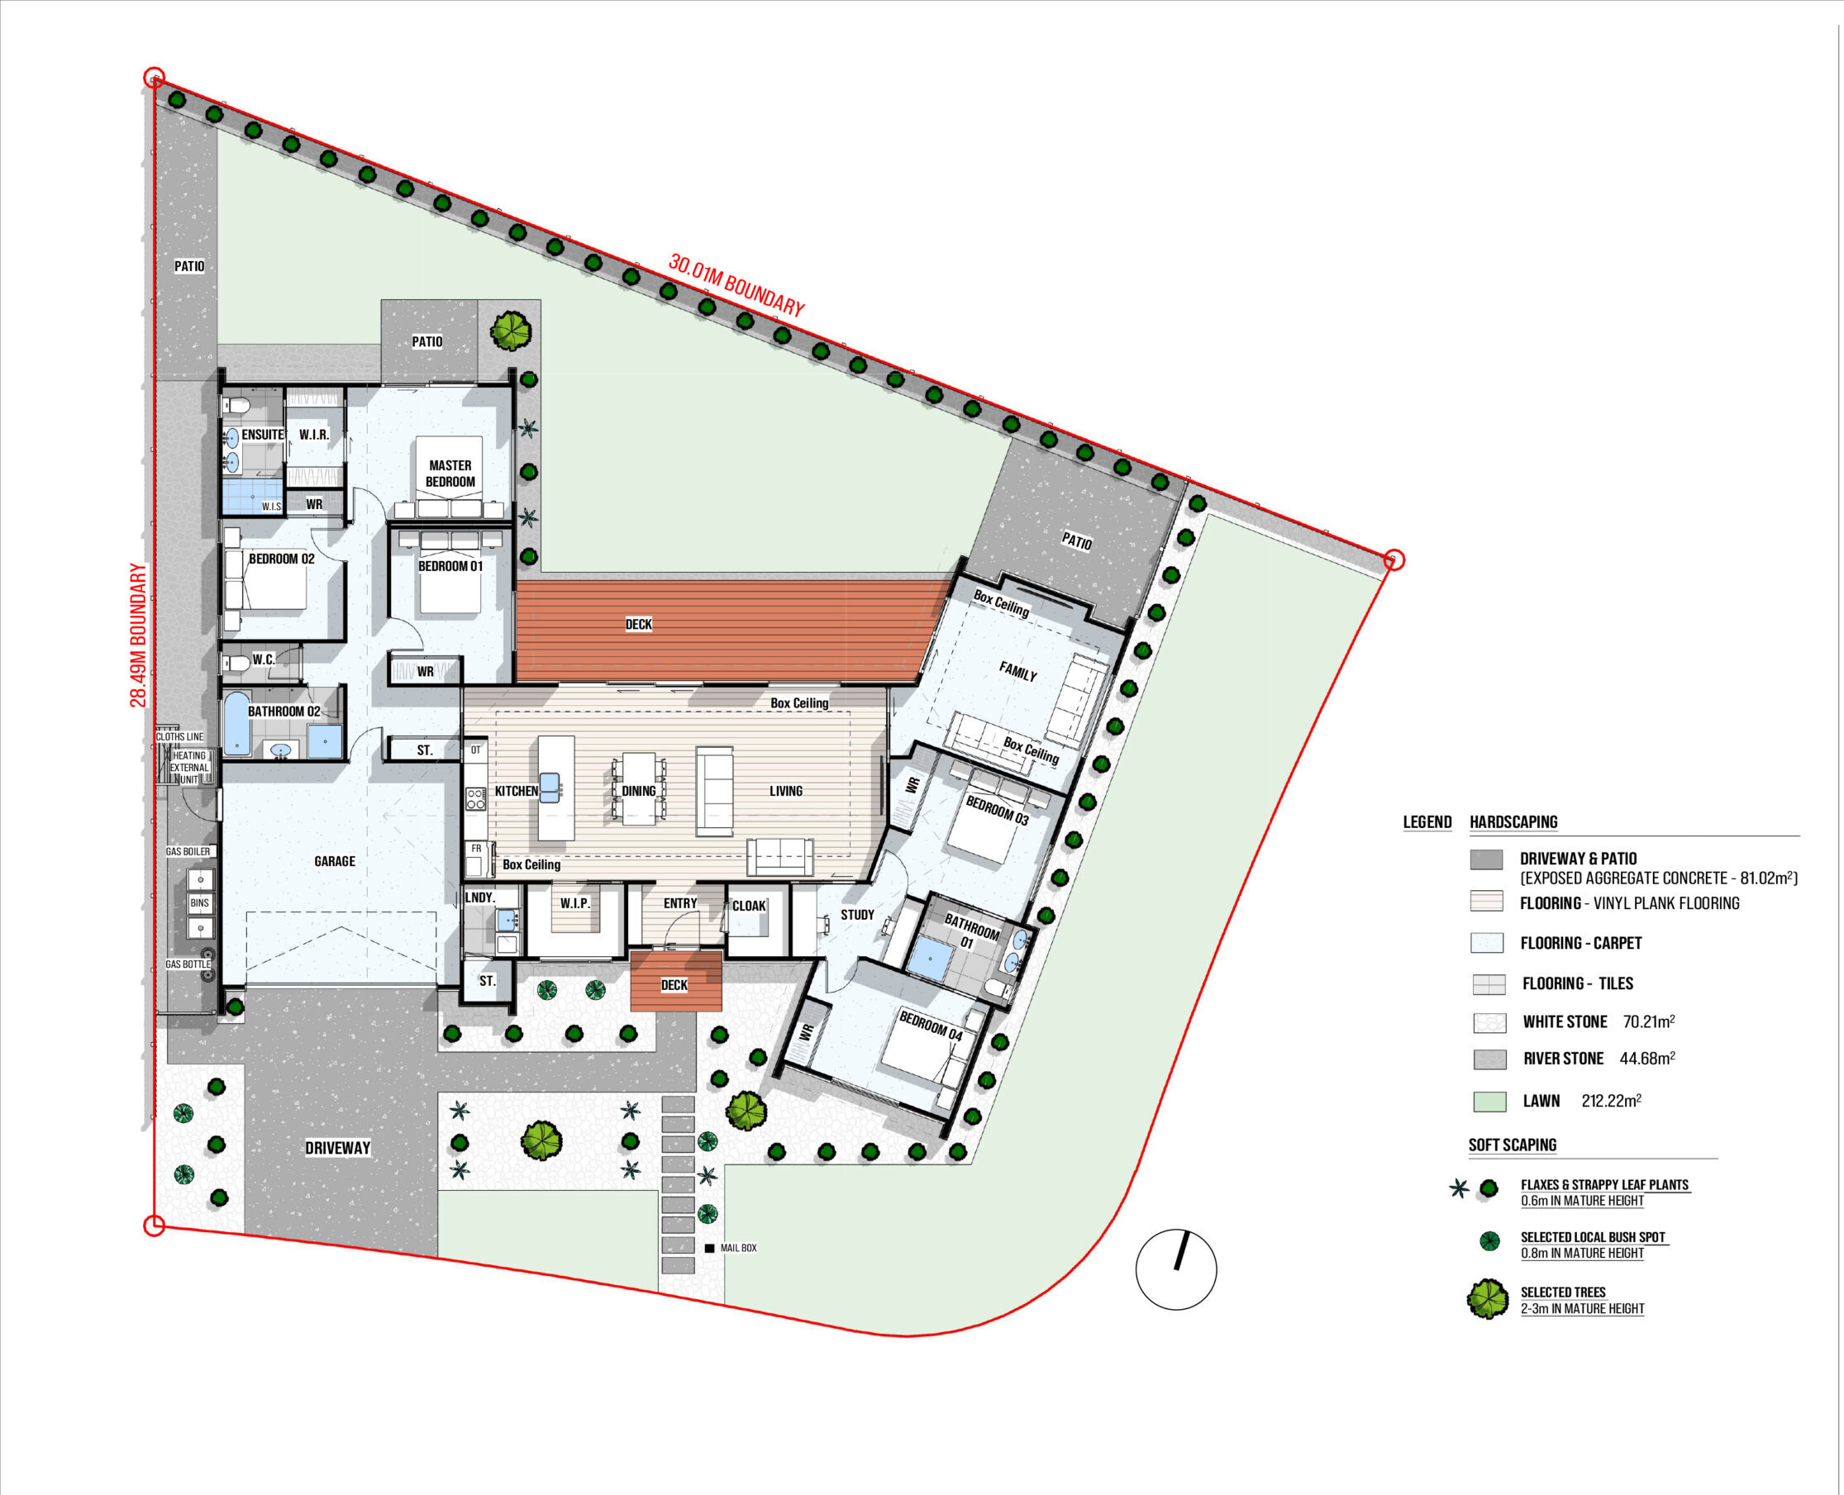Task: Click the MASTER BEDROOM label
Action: [x=450, y=474]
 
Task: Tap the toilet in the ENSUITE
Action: [x=238, y=405]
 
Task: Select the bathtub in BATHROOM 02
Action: [x=237, y=724]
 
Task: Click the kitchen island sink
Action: [x=550, y=787]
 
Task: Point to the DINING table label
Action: [x=639, y=791]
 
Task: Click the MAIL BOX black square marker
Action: [x=710, y=1248]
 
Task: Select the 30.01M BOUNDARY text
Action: [x=736, y=286]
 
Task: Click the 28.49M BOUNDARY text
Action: [x=138, y=636]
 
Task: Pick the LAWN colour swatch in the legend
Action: [x=1489, y=1102]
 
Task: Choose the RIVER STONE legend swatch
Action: [x=1489, y=1059]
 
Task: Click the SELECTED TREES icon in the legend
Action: [x=1489, y=1299]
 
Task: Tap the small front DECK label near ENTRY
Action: [x=674, y=985]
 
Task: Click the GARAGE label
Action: [x=335, y=861]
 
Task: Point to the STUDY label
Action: [x=857, y=915]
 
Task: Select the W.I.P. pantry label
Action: [x=575, y=903]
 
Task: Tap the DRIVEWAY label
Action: [x=337, y=1148]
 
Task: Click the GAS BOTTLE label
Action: [x=188, y=964]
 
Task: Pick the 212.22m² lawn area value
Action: [x=1612, y=1101]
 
